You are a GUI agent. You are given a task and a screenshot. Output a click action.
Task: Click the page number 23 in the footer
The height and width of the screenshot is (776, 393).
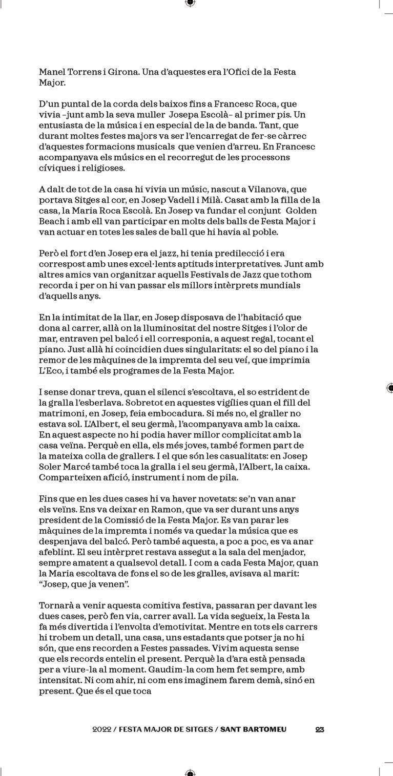320,729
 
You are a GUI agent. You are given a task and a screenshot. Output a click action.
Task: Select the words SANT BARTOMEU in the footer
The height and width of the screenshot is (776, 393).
254,729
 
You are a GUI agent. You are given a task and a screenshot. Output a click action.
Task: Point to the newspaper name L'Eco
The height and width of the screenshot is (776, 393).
50,371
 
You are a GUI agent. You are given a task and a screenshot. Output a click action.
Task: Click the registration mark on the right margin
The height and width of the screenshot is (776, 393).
389,388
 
